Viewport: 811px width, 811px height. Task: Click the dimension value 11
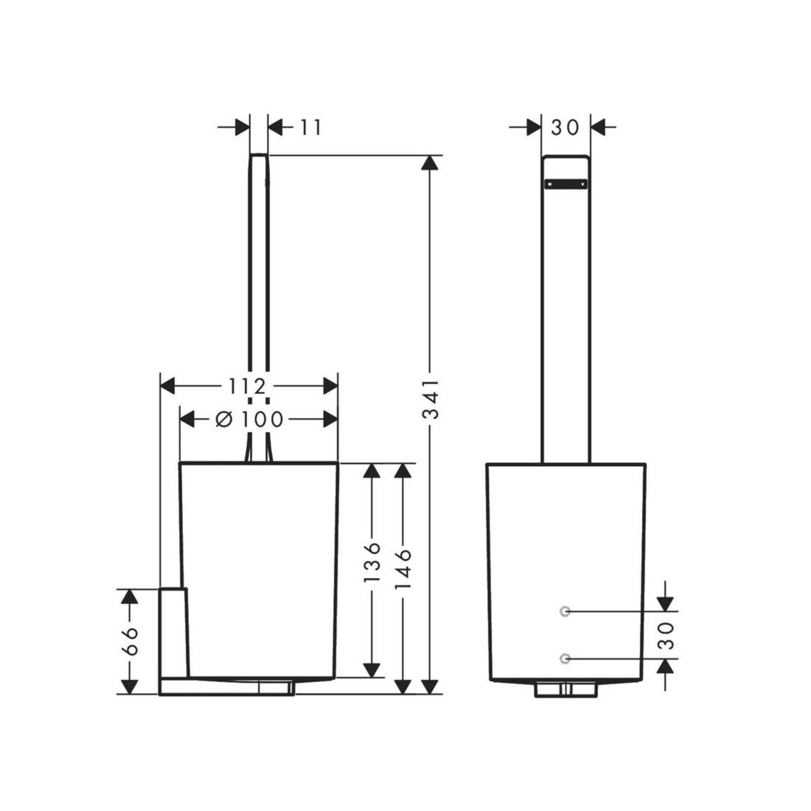(310, 128)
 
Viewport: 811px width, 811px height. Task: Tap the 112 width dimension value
(247, 387)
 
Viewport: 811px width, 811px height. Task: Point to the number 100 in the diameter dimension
(262, 419)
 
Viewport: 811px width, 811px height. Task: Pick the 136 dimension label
(373, 562)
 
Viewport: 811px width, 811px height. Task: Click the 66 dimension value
(130, 641)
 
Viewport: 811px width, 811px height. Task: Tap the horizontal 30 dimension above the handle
(565, 128)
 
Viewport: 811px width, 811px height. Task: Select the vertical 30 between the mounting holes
(668, 636)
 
